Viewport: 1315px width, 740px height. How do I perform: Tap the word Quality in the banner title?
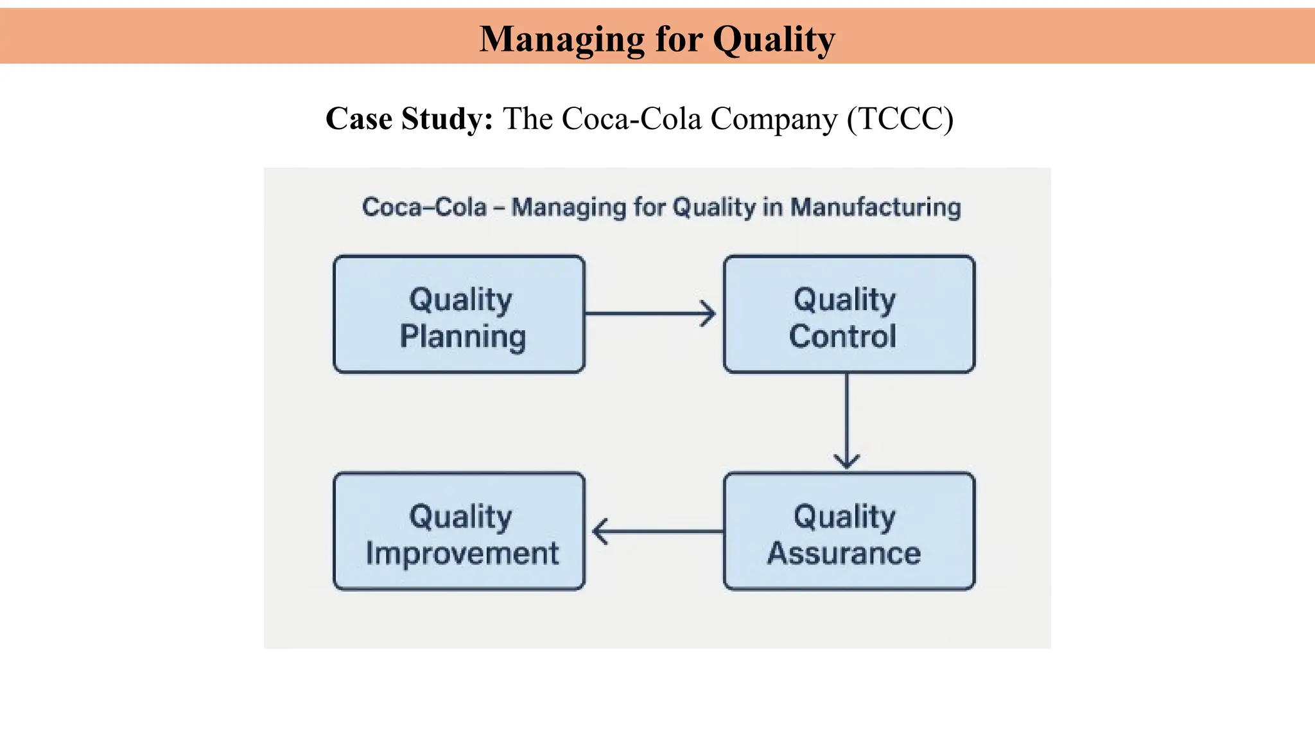(x=774, y=39)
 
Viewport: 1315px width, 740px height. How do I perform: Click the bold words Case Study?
(x=409, y=119)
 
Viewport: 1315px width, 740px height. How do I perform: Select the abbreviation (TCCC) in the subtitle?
(x=900, y=119)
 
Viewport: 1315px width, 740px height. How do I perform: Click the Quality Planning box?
(x=459, y=314)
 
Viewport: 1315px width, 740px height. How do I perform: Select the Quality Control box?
(x=849, y=314)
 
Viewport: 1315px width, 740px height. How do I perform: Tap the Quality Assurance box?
(x=849, y=531)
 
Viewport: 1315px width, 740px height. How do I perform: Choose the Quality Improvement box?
(x=459, y=531)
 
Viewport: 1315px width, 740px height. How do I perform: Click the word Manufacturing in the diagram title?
(x=875, y=207)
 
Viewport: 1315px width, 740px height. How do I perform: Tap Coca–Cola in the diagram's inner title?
(x=424, y=207)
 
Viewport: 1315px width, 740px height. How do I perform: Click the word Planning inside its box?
(x=462, y=337)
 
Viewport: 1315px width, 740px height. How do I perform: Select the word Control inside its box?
(x=842, y=336)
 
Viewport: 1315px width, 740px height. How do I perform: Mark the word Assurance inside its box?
(x=844, y=553)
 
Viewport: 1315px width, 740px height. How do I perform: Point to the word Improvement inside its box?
(x=462, y=554)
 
